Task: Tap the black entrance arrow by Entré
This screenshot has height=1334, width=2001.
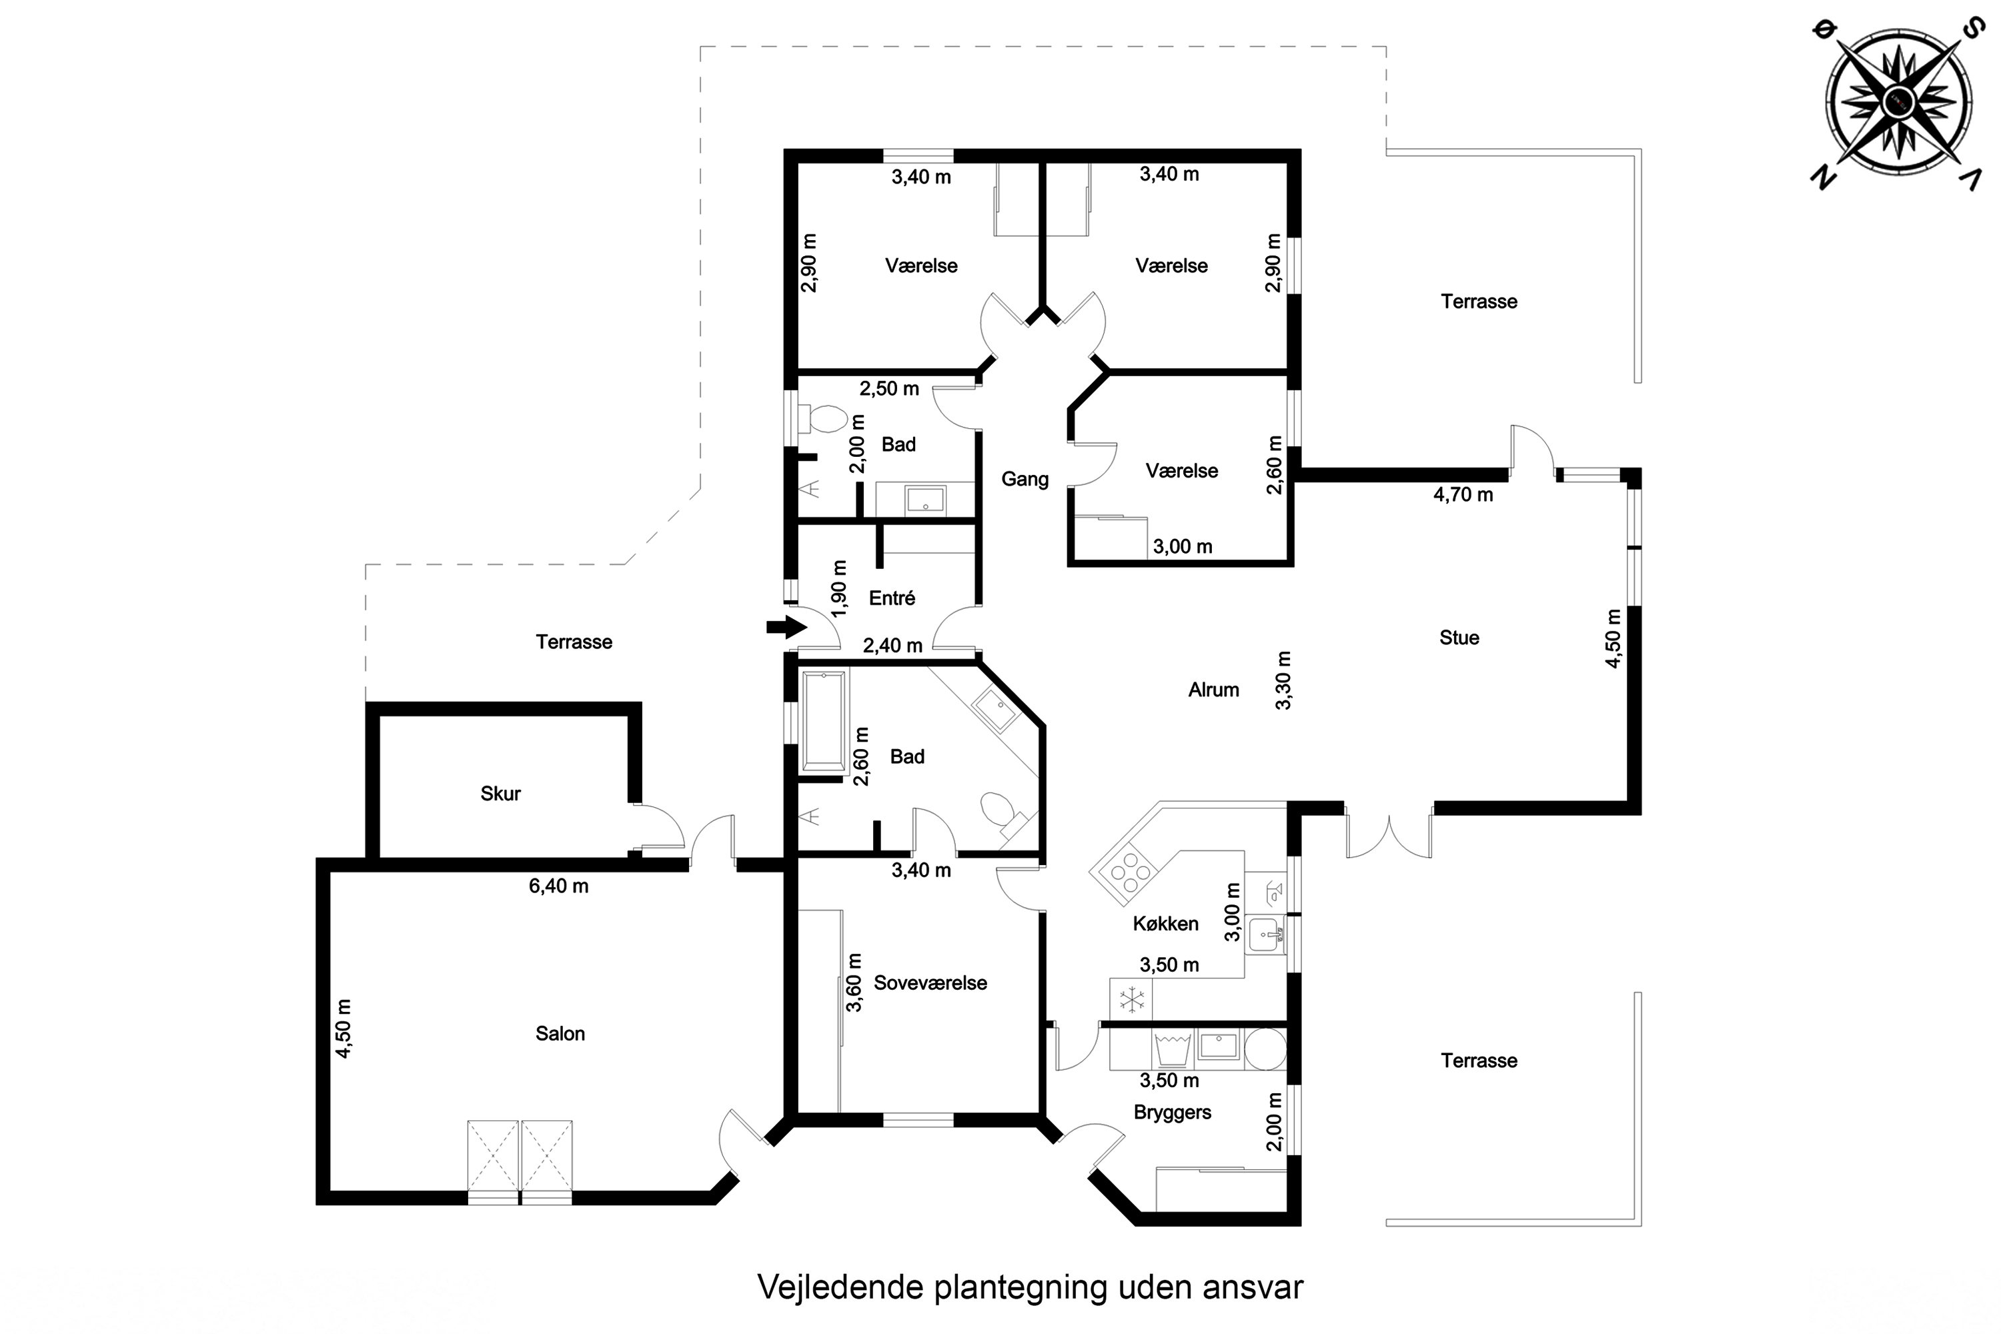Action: point(786,628)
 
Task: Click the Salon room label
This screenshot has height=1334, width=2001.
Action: point(560,1034)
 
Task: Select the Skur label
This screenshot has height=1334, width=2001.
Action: point(500,794)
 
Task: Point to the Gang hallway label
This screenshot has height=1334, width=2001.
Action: point(1025,480)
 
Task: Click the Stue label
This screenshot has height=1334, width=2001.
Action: point(1459,638)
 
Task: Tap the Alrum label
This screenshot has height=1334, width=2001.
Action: point(1213,690)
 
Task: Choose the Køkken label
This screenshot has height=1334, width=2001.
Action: point(1165,924)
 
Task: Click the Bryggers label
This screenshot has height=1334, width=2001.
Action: point(1173,1113)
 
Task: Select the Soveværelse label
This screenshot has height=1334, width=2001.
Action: point(930,983)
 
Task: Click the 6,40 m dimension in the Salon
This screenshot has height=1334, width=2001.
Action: point(558,886)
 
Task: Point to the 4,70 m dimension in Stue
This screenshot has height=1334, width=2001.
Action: point(1463,495)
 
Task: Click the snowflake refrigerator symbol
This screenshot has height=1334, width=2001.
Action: point(1131,1000)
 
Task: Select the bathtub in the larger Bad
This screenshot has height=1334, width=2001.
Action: point(824,722)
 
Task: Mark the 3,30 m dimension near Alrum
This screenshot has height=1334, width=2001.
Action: point(1284,680)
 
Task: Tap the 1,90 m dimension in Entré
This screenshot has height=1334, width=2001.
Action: point(840,589)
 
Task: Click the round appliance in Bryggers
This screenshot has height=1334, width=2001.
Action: point(1265,1049)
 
